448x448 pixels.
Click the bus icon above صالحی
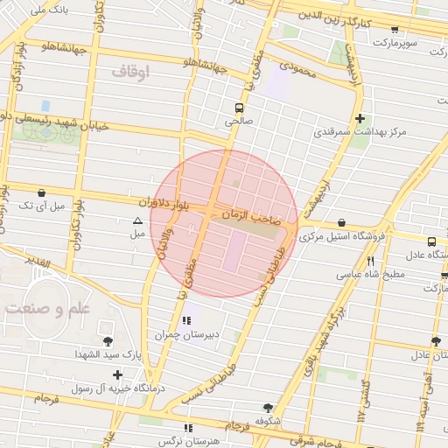239,108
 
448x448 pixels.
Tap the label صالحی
239,123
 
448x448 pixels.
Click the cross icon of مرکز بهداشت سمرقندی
360,118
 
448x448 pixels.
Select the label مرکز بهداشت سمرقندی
360,133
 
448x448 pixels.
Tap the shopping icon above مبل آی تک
42,192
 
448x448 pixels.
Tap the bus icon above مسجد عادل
431,242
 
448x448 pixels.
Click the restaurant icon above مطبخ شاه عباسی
371,261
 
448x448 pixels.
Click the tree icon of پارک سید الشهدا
108,340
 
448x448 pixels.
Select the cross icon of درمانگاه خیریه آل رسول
118,374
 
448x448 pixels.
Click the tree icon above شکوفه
268,408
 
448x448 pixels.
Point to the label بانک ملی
48,10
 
